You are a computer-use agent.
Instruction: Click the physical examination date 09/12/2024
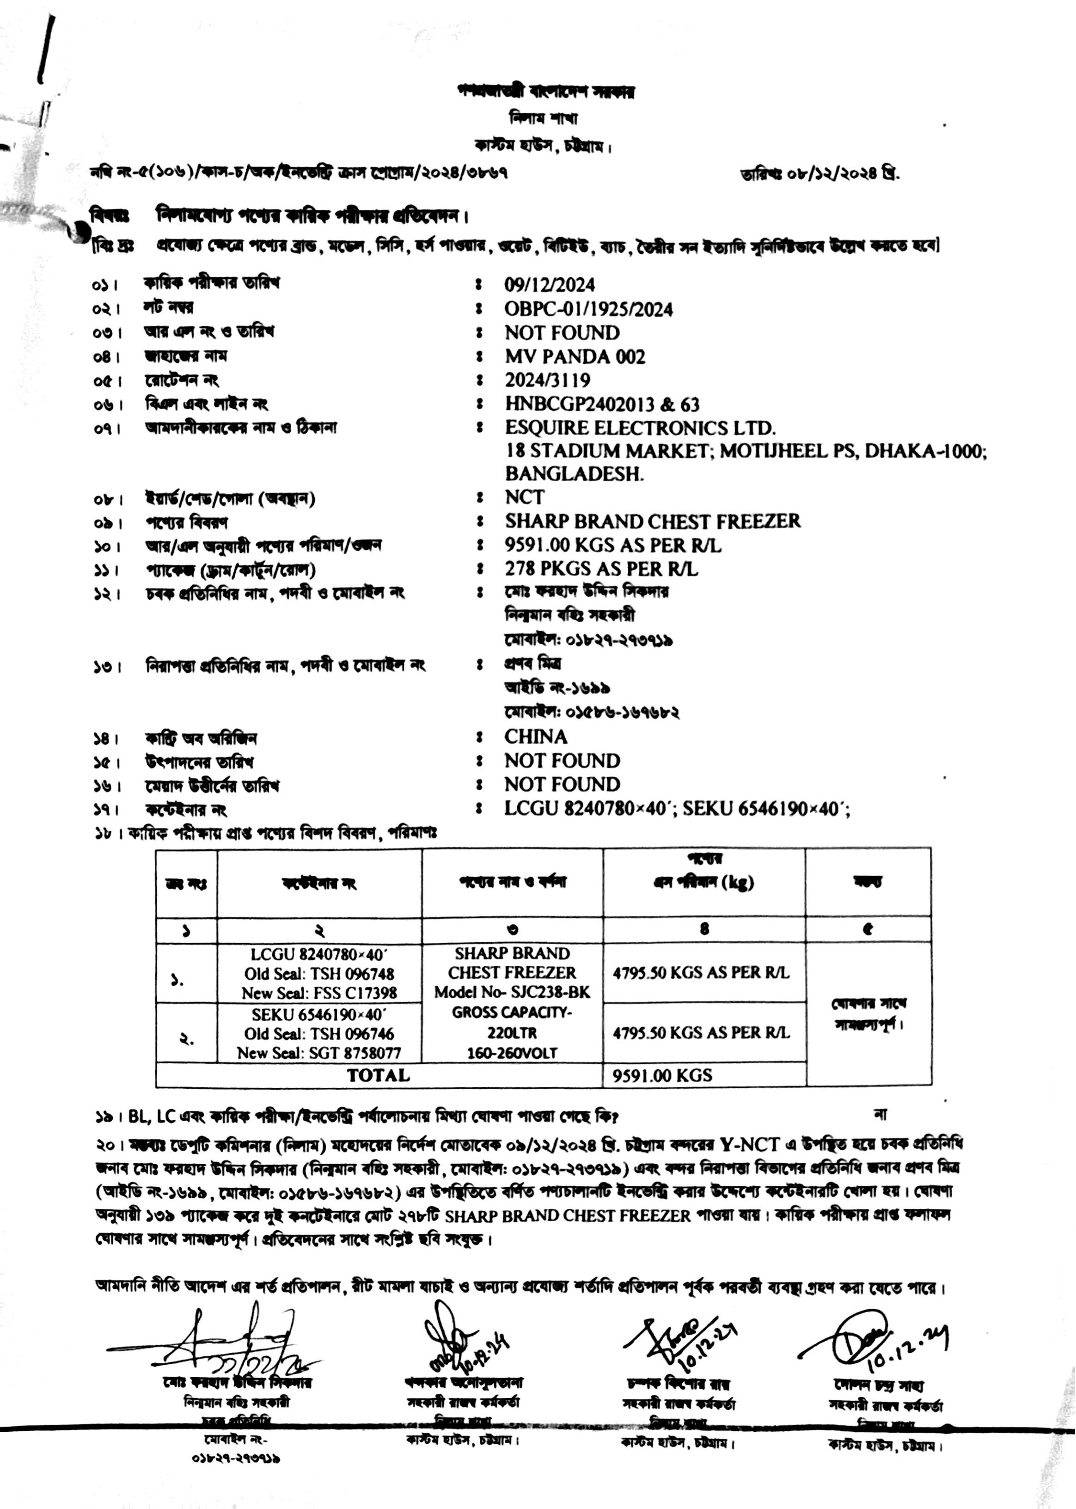[x=549, y=285]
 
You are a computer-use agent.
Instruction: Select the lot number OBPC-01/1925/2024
[x=588, y=309]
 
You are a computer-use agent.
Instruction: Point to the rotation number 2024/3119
[x=547, y=380]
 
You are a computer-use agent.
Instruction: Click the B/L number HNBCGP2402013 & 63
[x=602, y=404]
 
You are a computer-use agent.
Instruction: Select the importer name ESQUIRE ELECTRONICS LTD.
[x=640, y=428]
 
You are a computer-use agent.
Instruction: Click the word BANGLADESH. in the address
[x=574, y=474]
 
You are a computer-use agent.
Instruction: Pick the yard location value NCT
[x=524, y=497]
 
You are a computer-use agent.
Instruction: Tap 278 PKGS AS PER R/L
[x=601, y=569]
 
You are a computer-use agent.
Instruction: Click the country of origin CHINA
[x=535, y=736]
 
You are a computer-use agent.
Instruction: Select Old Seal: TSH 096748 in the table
[x=319, y=974]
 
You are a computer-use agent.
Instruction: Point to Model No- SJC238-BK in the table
[x=512, y=992]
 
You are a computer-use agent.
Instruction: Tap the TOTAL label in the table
[x=379, y=1075]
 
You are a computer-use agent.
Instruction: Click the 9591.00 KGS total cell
[x=662, y=1075]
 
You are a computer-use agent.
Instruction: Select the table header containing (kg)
[x=703, y=882]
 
